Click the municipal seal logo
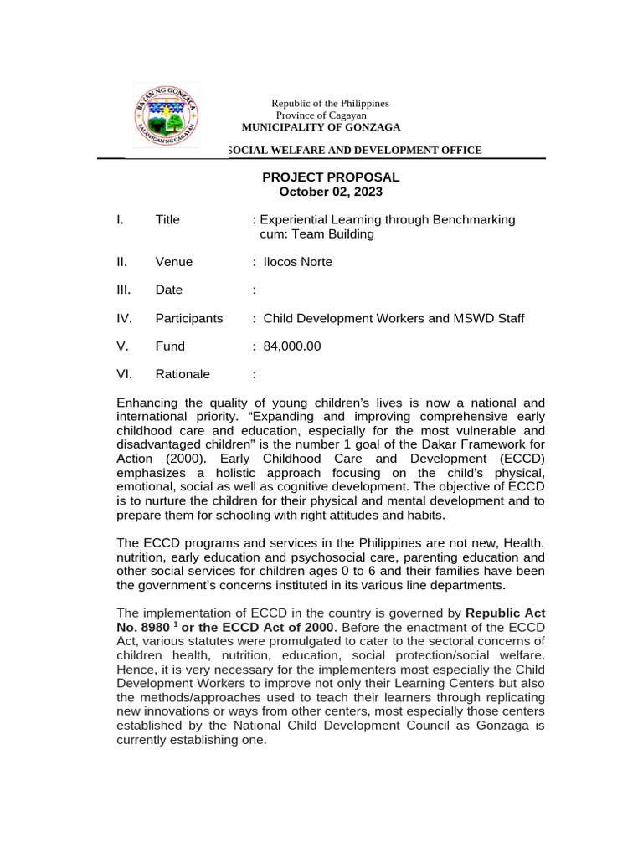click(x=166, y=116)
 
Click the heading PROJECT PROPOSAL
click(x=331, y=177)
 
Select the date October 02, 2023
click(x=331, y=192)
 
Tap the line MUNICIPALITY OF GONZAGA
click(x=321, y=127)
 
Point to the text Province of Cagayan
click(x=321, y=115)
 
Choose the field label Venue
click(x=173, y=262)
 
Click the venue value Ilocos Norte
click(x=297, y=262)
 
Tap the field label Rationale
click(x=183, y=374)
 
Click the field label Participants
click(x=189, y=318)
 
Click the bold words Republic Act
click(x=505, y=613)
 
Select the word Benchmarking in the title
click(x=475, y=220)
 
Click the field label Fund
click(x=170, y=346)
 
